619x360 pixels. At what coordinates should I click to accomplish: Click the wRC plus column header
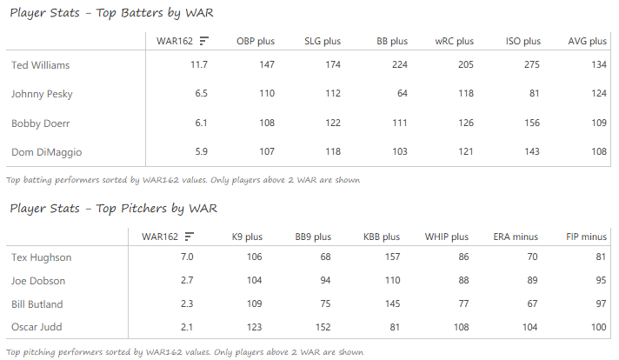[454, 41]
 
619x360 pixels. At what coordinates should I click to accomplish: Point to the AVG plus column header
[587, 41]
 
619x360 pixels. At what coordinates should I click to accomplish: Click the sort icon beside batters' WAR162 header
[204, 41]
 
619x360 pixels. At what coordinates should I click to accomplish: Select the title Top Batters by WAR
[111, 13]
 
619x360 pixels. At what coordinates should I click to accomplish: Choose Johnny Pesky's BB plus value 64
[400, 94]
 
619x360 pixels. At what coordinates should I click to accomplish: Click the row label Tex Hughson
[41, 257]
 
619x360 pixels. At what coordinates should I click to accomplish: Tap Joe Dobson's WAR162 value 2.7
[186, 281]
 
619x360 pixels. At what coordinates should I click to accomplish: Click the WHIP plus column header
[446, 237]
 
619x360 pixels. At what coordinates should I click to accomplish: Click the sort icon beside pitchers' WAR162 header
[190, 237]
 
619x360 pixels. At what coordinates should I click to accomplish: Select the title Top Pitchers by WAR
[113, 209]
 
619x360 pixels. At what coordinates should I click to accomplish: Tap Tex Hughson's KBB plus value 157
[389, 257]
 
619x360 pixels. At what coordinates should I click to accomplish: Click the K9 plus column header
[246, 237]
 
